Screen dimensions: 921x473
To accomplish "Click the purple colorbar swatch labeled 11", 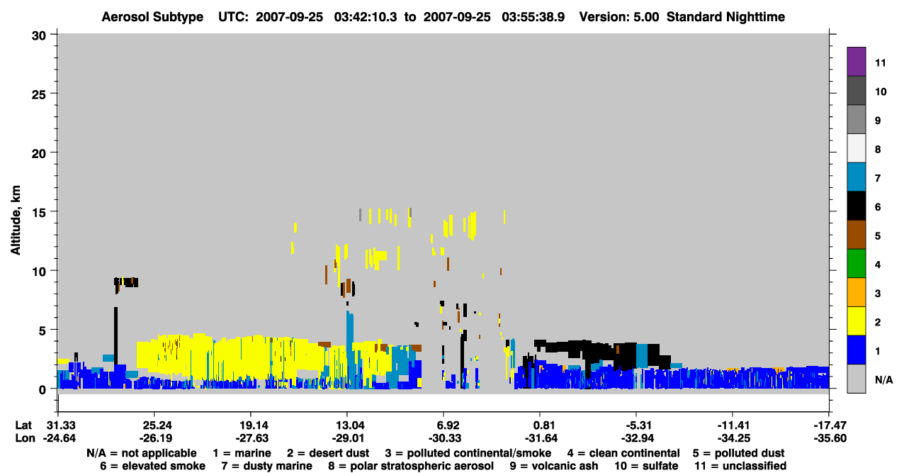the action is click(856, 61).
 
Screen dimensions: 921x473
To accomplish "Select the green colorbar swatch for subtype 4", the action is click(856, 264).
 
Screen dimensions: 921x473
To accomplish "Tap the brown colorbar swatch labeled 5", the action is click(856, 235).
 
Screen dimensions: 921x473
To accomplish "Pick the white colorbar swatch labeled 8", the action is click(856, 148).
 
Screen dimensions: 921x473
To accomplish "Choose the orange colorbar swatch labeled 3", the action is click(856, 292).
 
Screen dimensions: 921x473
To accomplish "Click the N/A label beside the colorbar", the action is click(883, 379).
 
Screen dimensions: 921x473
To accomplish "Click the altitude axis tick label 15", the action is click(39, 213).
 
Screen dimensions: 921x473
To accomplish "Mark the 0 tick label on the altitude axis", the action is click(43, 390).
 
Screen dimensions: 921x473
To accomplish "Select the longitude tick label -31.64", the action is click(541, 438).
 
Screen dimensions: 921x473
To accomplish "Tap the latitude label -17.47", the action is click(830, 425).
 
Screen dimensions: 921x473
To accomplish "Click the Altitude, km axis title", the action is click(15, 221).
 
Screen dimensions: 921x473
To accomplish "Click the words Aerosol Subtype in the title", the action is click(152, 17).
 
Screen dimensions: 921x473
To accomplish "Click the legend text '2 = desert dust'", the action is click(328, 453).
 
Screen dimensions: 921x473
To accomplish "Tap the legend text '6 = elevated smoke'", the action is click(152, 466).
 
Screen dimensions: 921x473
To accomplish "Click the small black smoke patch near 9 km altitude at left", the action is click(126, 282).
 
